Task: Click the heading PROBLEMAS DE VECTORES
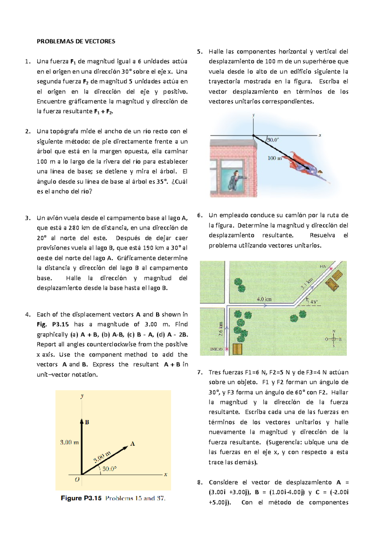[76, 41]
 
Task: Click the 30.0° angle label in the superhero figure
[273, 140]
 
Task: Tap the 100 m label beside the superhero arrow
[274, 158]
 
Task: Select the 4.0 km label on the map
[264, 299]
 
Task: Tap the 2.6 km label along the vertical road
[221, 329]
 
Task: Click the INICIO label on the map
[216, 349]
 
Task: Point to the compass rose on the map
[334, 339]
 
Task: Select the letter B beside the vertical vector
[87, 422]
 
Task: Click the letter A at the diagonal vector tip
[133, 444]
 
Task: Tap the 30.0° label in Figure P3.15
[109, 469]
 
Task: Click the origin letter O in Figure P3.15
[77, 480]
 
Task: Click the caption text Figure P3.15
[81, 498]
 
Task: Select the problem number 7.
[200, 372]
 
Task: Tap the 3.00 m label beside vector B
[69, 442]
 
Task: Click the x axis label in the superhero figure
[320, 135]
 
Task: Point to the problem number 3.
[28, 218]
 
